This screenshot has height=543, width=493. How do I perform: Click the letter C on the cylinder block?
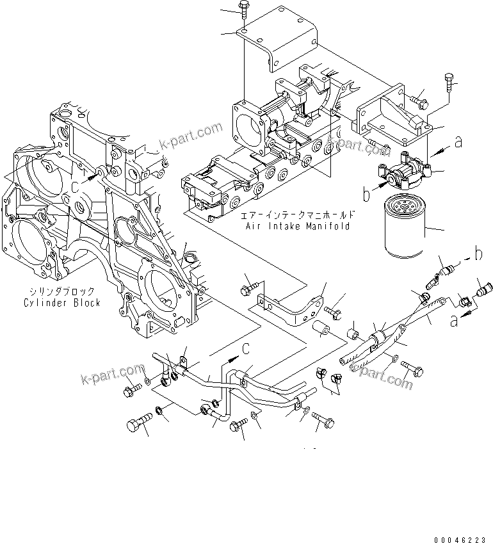click(76, 186)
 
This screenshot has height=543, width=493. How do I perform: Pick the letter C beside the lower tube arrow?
click(245, 348)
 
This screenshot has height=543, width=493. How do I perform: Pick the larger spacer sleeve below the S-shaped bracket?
click(321, 330)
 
